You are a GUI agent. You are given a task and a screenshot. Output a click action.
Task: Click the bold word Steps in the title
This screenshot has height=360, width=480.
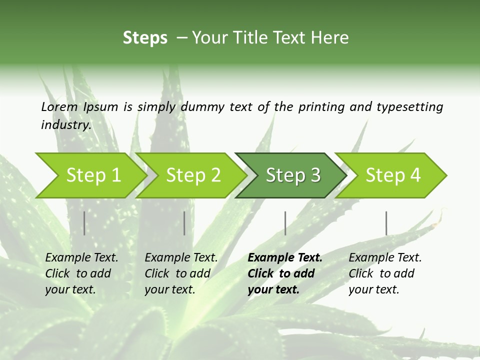point(145,37)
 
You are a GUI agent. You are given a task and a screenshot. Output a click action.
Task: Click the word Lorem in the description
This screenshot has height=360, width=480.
point(59,106)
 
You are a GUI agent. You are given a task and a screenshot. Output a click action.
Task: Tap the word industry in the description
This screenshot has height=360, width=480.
point(66,124)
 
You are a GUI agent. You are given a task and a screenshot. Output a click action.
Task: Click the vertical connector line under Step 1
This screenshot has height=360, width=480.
point(84,223)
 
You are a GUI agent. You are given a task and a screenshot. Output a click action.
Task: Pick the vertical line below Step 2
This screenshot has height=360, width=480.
point(184,223)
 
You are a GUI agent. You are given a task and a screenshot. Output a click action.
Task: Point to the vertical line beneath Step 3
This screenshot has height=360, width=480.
point(285,223)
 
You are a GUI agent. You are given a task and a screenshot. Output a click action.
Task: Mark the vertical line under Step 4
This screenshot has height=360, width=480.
point(386,223)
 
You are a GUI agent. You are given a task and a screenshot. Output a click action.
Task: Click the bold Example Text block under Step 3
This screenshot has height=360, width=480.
point(284,273)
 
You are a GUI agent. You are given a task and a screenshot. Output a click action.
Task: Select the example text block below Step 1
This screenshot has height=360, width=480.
point(81,273)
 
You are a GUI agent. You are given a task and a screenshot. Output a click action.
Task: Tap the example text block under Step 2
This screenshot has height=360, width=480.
point(181,273)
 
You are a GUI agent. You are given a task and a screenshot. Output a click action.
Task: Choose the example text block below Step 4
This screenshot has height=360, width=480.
point(385,273)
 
